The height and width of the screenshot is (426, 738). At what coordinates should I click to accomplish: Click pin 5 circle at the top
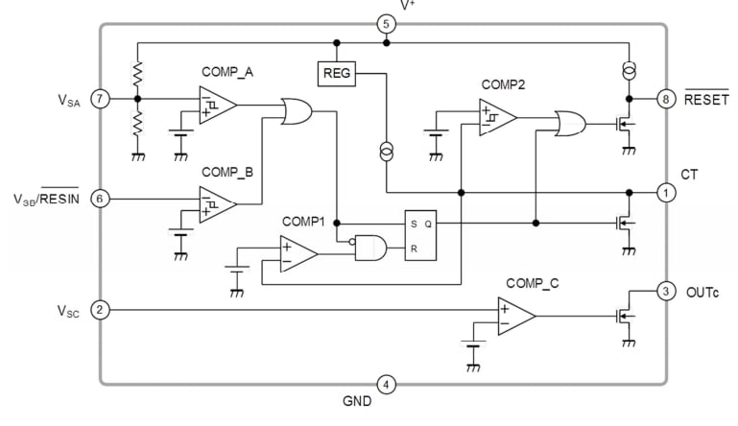385,23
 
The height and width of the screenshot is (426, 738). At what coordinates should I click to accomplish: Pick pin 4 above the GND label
385,384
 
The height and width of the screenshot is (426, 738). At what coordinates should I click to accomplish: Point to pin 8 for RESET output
665,98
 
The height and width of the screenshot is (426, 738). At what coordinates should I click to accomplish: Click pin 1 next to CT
665,193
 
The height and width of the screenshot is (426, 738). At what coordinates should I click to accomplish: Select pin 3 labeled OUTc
665,290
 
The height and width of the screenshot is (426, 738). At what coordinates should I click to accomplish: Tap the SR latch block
420,234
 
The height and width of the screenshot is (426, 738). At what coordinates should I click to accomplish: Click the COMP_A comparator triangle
217,105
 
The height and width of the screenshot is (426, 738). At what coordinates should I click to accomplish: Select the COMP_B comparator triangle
217,204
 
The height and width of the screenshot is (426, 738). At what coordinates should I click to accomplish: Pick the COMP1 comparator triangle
298,254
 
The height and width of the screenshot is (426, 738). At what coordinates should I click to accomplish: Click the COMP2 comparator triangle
498,120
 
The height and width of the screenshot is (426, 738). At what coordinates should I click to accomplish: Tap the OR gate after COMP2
571,123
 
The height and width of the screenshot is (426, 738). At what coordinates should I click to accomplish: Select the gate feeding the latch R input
369,248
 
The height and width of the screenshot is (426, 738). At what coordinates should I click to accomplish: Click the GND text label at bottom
356,402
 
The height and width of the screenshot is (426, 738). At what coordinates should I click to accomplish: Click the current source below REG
386,151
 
